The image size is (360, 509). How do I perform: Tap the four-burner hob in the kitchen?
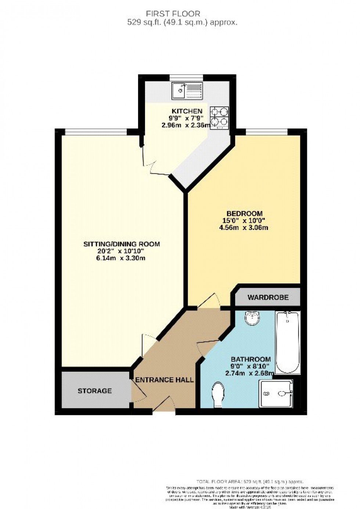[219, 117]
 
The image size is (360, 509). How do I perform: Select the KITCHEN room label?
[187, 111]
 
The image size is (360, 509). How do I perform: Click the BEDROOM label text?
[244, 213]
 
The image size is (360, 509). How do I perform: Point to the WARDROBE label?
[268, 297]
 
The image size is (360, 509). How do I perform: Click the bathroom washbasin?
[252, 318]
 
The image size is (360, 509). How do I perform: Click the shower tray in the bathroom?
[276, 394]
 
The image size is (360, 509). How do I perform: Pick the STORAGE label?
[94, 391]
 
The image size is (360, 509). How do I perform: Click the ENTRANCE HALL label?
[165, 380]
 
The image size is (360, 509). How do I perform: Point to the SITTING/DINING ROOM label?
[122, 244]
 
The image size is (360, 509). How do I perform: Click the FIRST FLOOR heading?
[173, 14]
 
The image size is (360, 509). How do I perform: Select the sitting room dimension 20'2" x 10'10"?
[121, 251]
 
